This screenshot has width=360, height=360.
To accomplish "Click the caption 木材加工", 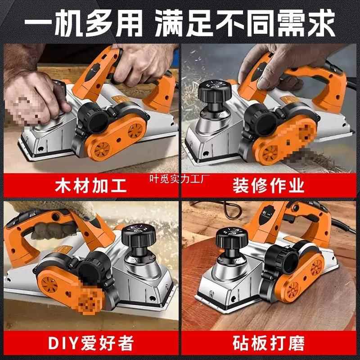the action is coord(91,185).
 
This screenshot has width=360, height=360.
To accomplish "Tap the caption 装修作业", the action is coord(268,185).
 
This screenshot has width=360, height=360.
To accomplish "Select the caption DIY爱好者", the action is coord(91,343).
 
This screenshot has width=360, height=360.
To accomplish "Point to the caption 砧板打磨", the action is coord(268,343).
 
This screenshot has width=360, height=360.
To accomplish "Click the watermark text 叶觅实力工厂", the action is coord(180,179).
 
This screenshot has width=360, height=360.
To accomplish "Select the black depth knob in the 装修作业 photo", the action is coord(215,91).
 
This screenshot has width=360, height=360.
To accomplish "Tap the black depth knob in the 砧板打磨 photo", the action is coord(232,239).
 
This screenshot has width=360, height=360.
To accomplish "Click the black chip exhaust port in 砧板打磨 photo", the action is coord(282,260).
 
